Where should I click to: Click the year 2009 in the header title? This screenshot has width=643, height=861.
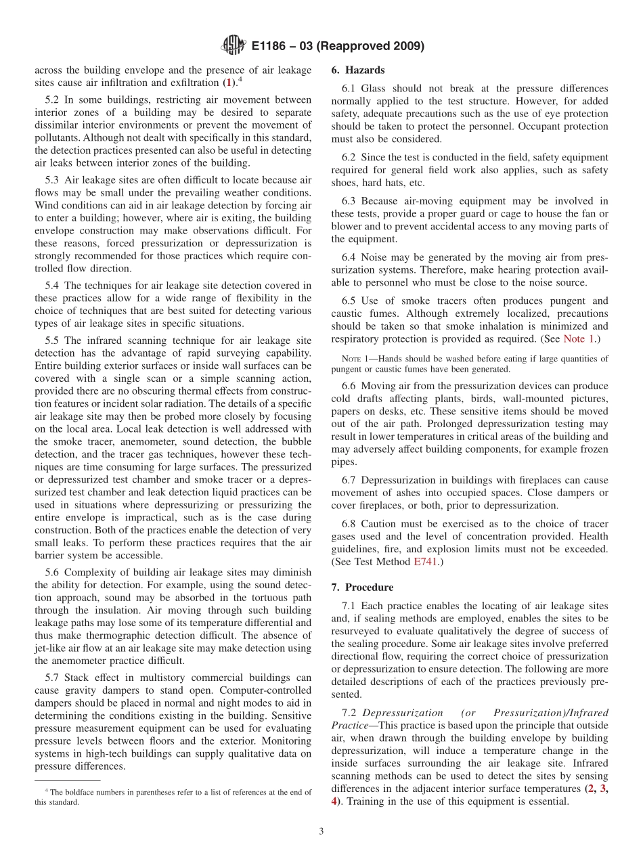point(404,47)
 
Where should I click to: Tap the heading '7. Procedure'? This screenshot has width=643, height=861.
point(362,588)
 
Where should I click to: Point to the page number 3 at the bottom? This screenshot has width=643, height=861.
point(321,831)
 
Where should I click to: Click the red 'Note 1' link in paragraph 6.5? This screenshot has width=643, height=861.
point(579,339)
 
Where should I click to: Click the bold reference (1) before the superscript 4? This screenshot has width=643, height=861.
point(231,83)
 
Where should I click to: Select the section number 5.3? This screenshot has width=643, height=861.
point(54,180)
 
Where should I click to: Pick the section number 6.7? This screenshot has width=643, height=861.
point(351,481)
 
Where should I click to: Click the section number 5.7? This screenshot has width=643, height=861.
point(54,678)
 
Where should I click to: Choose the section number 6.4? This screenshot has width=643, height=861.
point(351,257)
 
